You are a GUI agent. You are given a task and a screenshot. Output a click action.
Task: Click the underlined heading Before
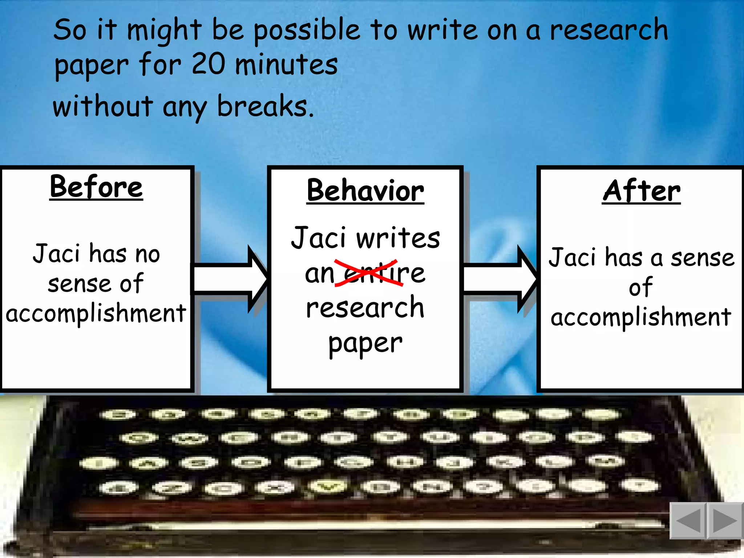[x=96, y=187]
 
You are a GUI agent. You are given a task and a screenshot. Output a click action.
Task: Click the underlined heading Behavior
[x=365, y=191]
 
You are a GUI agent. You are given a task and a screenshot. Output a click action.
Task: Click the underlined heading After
[x=641, y=191]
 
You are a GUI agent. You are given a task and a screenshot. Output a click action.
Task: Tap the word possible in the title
[x=307, y=31]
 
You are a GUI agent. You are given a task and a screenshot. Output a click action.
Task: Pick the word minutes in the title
[x=286, y=65]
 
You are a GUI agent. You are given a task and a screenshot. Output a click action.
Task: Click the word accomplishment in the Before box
[x=96, y=314]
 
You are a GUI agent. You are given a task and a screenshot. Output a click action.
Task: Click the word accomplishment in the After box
[x=641, y=317]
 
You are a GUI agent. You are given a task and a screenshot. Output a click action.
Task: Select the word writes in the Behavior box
[x=398, y=238]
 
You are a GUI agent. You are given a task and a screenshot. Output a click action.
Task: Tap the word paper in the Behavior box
[x=365, y=343]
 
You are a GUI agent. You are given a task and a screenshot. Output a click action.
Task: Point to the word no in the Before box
[x=147, y=254]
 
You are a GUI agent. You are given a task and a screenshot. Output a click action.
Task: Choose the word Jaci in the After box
[x=572, y=257]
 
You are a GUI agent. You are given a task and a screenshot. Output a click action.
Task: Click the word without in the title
[x=103, y=106]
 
